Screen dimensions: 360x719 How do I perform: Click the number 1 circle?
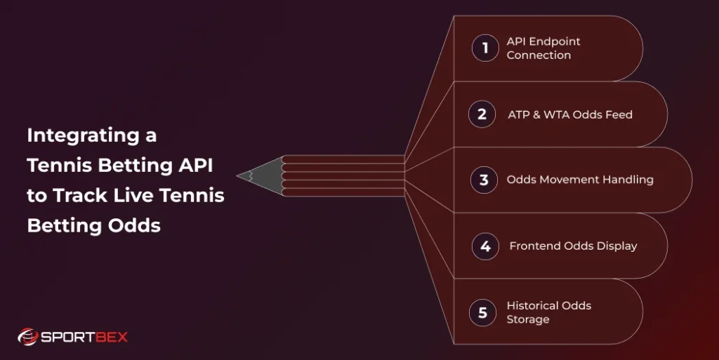point(484,48)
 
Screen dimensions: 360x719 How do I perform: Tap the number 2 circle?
point(482,114)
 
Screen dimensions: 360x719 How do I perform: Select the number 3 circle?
point(484,180)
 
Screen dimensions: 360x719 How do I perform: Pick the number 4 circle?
point(485,246)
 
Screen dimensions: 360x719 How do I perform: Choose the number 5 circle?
point(482,312)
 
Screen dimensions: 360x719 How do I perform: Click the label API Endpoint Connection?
point(543,48)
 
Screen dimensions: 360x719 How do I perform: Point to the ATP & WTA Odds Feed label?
point(570,114)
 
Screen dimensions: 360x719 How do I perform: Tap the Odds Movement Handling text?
point(580,180)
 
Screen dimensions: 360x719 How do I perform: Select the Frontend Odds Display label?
point(573,246)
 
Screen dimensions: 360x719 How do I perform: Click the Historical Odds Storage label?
point(548,312)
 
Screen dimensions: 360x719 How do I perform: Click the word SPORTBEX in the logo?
point(84,337)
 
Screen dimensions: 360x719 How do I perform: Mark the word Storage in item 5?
point(528,319)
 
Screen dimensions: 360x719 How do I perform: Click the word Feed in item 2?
point(619,114)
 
